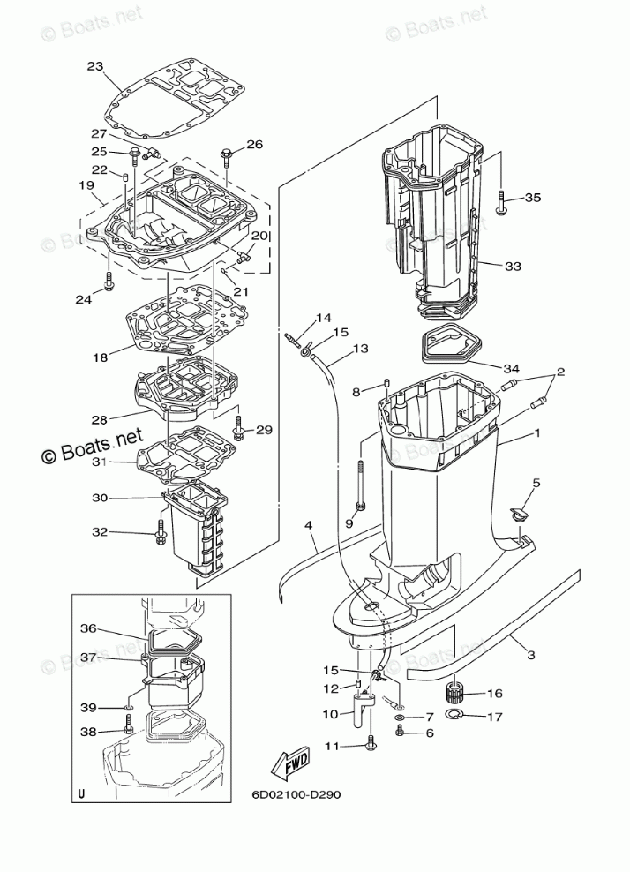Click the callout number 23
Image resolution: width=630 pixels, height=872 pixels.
95,66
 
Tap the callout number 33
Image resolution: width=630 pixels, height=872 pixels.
514,266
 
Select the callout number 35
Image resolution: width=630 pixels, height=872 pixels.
532,197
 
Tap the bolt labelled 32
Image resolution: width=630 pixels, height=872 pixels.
161,531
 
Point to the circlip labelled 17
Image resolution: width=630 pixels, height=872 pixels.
454,715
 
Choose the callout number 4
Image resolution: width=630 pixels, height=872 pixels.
309,527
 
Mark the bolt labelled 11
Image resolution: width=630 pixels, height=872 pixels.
370,746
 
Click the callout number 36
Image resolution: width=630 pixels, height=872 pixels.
87,628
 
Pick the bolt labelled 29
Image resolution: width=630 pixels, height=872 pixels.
237,431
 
